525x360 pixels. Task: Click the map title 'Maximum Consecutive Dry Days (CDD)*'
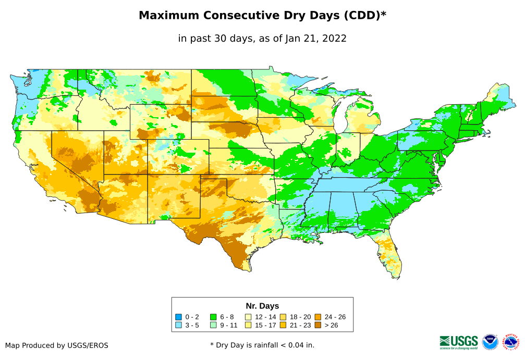click(x=262, y=16)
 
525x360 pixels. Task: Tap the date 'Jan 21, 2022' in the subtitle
click(x=315, y=39)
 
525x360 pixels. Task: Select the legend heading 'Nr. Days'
click(x=262, y=306)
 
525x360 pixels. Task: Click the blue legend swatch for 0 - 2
click(x=179, y=317)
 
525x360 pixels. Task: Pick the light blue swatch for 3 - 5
click(x=179, y=325)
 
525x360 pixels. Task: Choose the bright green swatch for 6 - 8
click(x=213, y=317)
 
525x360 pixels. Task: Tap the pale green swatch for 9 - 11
click(x=213, y=325)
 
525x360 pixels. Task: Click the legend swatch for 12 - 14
click(x=248, y=317)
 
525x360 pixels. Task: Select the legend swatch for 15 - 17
click(x=248, y=325)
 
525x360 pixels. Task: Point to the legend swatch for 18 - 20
click(x=283, y=317)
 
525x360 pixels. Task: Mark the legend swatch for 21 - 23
click(x=283, y=325)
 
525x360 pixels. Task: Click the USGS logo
click(x=459, y=342)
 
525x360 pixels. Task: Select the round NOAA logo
click(x=490, y=342)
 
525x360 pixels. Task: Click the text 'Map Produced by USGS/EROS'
click(x=57, y=345)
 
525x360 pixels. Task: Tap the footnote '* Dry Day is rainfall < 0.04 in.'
click(x=262, y=345)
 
